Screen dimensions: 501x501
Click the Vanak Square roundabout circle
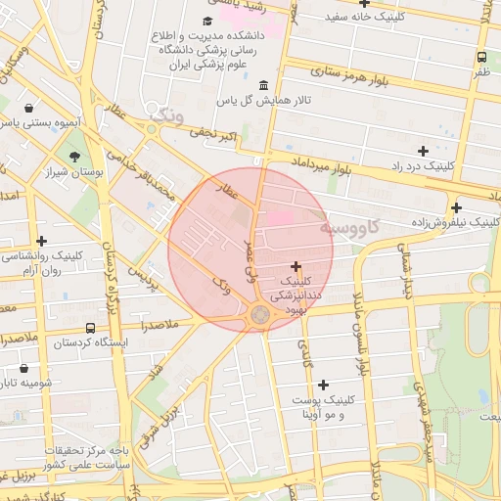[x=260, y=314]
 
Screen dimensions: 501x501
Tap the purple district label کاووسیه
[x=356, y=227]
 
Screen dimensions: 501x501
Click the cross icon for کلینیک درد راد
[x=423, y=151]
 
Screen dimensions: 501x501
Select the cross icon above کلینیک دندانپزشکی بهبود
[x=296, y=266]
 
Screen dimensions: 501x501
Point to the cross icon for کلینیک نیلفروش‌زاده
[x=456, y=207]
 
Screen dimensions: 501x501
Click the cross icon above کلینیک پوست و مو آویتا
[x=323, y=385]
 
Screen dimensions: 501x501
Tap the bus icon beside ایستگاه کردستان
[x=91, y=328]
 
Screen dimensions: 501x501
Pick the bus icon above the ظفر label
[x=481, y=58]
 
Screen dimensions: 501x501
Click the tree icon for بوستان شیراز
[x=74, y=156]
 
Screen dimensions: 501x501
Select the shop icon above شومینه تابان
[x=23, y=369]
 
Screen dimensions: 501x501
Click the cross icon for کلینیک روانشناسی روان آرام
[x=41, y=241]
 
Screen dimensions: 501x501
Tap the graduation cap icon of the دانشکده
[x=206, y=21]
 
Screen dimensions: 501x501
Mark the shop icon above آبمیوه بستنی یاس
[x=29, y=108]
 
